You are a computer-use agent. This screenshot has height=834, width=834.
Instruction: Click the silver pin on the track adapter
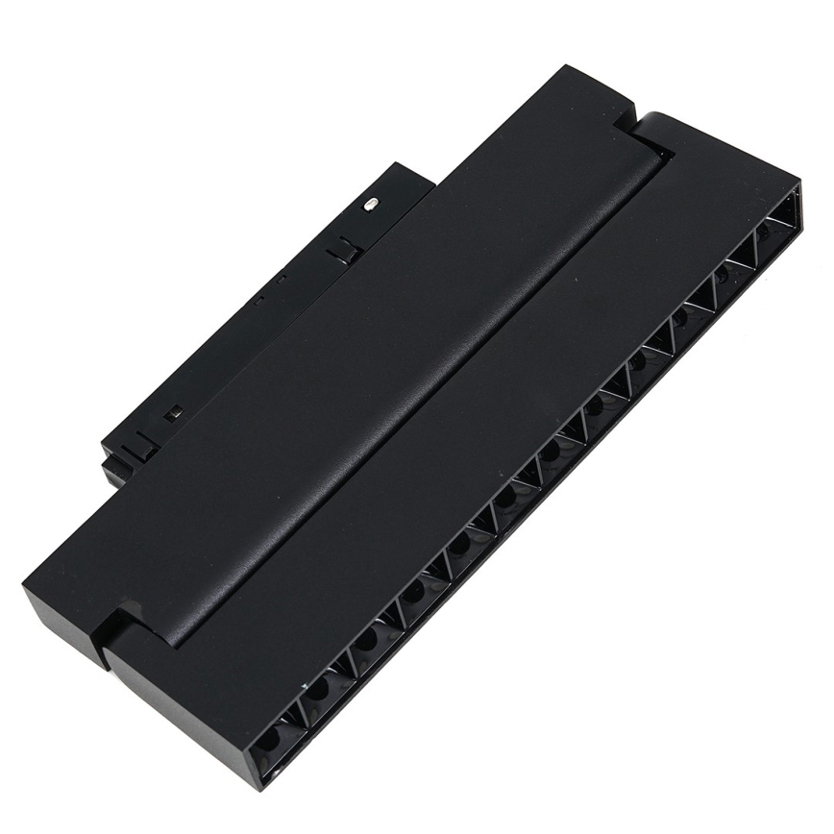pyautogui.click(x=372, y=203)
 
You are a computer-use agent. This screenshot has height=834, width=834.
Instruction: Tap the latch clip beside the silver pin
pyautogui.click(x=341, y=252)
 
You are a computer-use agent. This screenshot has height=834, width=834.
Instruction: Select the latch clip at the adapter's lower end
pyautogui.click(x=137, y=446)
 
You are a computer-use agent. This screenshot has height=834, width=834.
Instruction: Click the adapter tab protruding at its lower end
pyautogui.click(x=115, y=471)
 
